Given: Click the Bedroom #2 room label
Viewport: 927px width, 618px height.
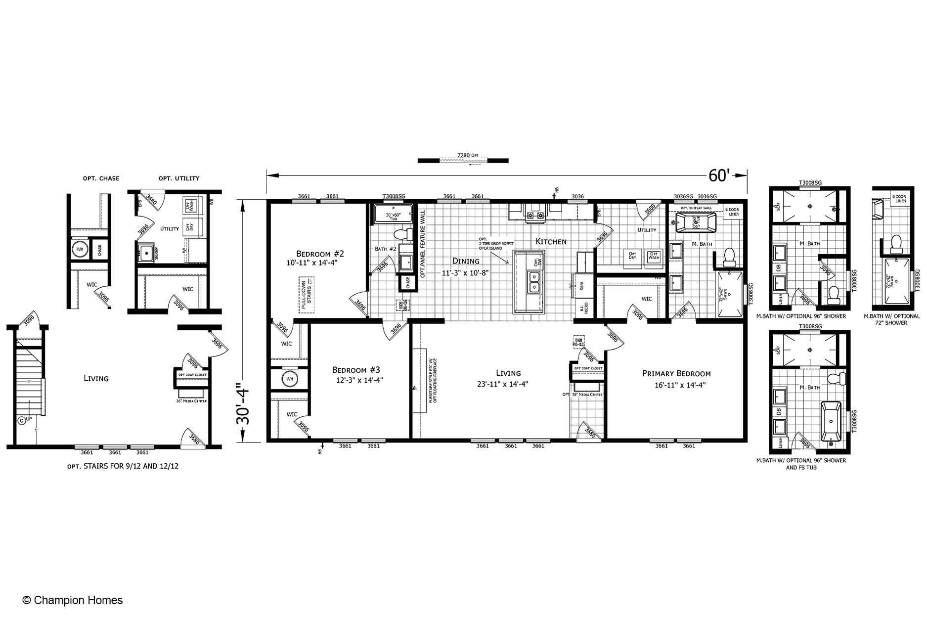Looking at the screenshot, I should pos(320,254).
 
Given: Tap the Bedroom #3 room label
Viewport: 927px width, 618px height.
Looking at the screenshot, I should pos(356,370).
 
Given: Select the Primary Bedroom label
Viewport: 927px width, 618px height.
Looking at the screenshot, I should pos(676,374).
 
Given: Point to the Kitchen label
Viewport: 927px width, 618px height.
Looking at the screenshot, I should pos(551,242).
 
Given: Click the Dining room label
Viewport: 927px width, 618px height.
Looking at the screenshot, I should pos(466,261).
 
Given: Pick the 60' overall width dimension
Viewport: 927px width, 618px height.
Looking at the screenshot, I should pos(719,176).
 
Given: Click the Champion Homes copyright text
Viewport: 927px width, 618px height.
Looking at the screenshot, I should pos(73,600).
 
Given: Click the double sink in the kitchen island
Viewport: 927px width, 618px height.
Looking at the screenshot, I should pos(534,282).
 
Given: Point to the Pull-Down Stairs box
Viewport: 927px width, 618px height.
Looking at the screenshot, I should pos(307,295).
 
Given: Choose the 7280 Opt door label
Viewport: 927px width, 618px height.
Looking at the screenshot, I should pos(468,155).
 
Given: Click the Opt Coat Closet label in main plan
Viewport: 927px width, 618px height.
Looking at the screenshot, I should pos(588,368).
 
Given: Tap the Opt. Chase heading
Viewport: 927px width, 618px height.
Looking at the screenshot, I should pos(101,178).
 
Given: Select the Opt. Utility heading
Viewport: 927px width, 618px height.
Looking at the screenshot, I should pos(178,178).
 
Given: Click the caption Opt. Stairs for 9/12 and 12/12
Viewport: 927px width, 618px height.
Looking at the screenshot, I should pos(123,466).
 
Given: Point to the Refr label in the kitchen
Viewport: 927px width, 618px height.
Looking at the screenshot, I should pos(581,286).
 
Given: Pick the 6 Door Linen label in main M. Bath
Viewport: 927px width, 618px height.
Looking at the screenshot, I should pos(732,212).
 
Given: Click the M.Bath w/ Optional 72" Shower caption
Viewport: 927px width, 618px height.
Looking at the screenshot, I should pos(892,319).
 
